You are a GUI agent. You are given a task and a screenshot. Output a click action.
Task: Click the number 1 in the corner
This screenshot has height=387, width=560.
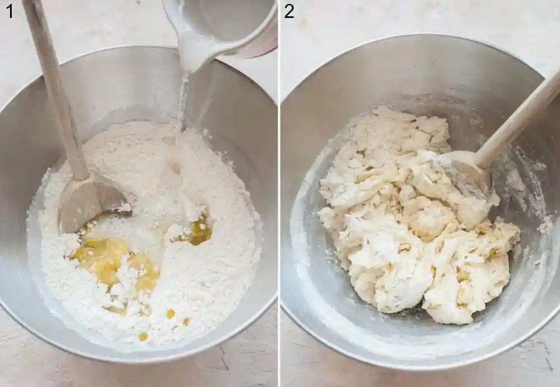coord(10,11)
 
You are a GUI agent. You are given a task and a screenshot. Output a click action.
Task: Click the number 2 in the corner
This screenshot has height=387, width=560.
coord(289,11)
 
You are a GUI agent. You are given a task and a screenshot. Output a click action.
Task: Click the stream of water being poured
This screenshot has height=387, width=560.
coord(183,104)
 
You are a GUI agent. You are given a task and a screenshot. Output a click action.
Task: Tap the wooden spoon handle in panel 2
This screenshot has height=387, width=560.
coord(518,118)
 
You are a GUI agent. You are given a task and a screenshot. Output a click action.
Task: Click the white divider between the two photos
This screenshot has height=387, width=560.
coord(279,193)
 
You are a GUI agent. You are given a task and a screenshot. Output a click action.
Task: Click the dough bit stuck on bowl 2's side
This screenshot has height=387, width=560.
coord(545,224)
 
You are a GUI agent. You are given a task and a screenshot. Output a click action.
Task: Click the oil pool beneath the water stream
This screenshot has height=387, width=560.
coord(199,231)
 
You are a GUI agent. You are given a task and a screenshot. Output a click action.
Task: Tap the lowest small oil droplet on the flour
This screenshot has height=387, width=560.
coord(143,337)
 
